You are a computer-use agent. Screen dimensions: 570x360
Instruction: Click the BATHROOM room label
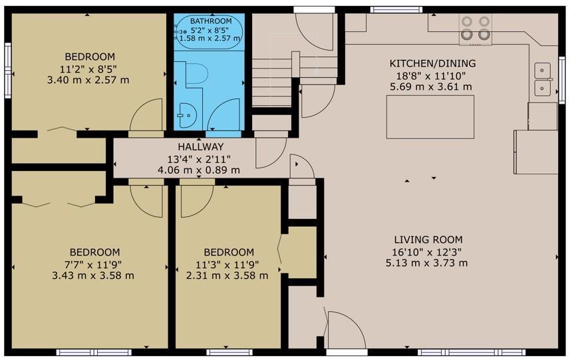[211, 21]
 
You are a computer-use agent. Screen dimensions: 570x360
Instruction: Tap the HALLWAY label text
[201, 147]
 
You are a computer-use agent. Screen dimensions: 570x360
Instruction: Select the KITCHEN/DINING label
[432, 63]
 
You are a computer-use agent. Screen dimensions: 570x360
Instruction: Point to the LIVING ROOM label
[428, 240]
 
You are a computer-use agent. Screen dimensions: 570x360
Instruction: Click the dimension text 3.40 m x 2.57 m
[88, 80]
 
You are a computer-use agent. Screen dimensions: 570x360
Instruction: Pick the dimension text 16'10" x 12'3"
[427, 252]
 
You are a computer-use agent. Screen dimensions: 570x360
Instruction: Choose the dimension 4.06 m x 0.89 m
[198, 170]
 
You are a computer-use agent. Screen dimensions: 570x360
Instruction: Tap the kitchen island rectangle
[430, 116]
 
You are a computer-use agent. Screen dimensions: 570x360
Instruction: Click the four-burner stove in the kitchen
[475, 29]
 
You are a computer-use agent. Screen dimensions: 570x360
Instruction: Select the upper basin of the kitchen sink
[542, 70]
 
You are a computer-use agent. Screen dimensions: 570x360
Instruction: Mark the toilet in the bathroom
[196, 74]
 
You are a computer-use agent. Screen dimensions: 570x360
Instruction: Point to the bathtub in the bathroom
[209, 32]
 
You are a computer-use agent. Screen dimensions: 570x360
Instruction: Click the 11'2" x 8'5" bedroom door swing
[146, 114]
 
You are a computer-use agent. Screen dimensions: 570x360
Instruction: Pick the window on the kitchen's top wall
[396, 9]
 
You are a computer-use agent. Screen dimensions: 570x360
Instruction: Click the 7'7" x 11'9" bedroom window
[94, 352]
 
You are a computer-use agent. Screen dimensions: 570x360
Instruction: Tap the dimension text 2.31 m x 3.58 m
[227, 276]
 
